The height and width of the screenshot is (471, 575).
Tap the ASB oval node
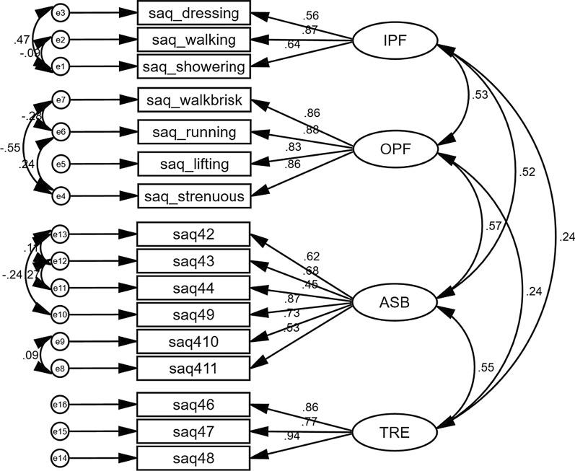pos(394,303)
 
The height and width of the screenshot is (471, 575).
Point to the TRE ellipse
pos(394,432)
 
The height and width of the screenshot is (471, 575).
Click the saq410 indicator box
pos(193,341)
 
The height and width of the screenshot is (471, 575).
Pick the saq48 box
pos(193,457)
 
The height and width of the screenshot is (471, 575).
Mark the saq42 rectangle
pos(193,234)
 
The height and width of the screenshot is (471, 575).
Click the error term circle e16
pos(61,405)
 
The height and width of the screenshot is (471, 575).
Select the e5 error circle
pos(61,164)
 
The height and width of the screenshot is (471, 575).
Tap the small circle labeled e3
pos(61,13)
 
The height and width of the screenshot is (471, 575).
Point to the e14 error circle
pos(61,457)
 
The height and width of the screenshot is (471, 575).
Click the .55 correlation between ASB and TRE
pos(486,368)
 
